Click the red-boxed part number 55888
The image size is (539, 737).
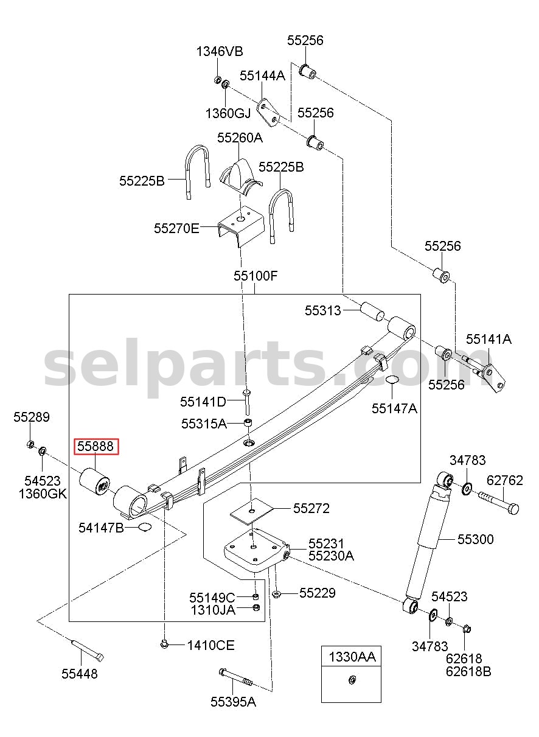96,447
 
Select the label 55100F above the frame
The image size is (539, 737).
256,276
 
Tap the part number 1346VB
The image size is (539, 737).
220,52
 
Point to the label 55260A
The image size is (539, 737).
240,138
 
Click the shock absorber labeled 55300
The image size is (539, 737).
428,543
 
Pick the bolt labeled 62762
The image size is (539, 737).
499,503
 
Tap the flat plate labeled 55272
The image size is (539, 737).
251,511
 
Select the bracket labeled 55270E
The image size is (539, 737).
241,226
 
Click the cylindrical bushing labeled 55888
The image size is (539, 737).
94,481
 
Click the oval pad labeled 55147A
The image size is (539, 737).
392,379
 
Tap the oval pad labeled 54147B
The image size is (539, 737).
144,527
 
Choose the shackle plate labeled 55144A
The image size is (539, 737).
268,113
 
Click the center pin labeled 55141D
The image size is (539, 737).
246,402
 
